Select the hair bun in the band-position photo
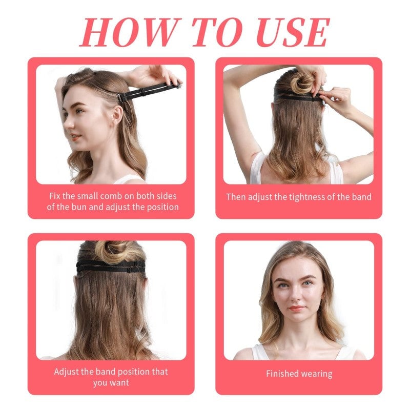111,251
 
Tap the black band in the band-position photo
111,266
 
